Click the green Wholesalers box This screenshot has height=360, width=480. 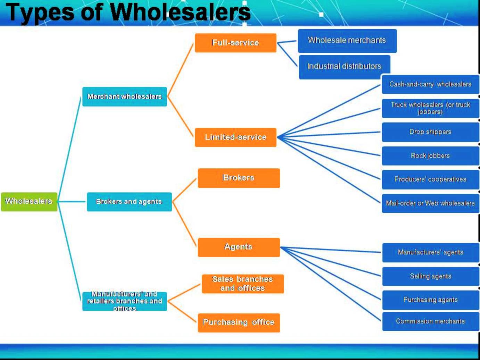click(x=29, y=202)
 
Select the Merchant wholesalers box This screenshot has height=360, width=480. click(x=124, y=97)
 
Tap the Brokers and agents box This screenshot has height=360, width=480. click(x=129, y=202)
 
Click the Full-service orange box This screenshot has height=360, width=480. click(x=235, y=43)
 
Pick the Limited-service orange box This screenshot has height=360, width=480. click(x=235, y=137)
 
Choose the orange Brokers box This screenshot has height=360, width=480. click(x=239, y=178)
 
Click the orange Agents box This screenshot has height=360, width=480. click(x=239, y=247)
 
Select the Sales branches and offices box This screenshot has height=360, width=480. click(x=243, y=284)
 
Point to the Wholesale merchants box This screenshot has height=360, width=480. click(x=347, y=41)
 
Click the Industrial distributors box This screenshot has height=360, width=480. click(x=344, y=67)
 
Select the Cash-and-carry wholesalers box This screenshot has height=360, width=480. click(x=430, y=84)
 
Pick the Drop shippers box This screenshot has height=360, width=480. click(x=430, y=132)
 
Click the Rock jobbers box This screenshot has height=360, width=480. click(x=430, y=156)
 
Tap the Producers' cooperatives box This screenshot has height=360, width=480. click(x=430, y=179)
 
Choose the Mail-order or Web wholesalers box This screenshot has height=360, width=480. click(x=430, y=203)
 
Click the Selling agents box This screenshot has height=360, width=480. click(x=430, y=276)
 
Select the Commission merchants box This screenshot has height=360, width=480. click(x=430, y=321)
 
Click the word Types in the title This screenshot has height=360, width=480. click(x=40, y=12)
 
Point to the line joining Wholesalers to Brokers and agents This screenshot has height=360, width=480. click(x=72, y=201)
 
